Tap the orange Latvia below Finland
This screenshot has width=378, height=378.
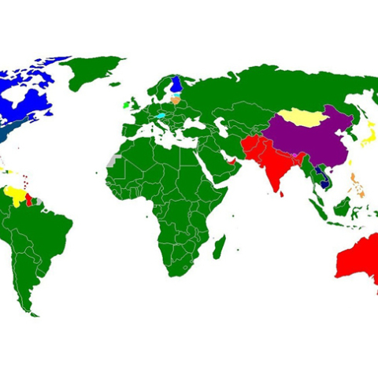[176, 100]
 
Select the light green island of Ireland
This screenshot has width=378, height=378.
[126, 104]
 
